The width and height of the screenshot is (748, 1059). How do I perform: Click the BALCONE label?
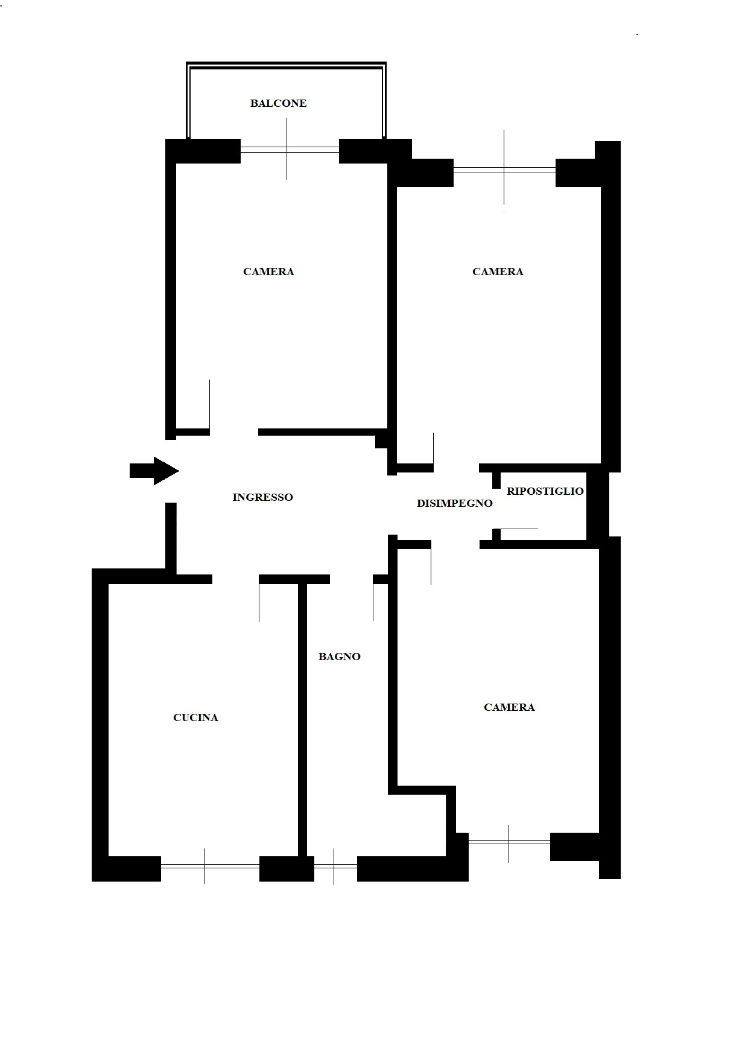point(279,103)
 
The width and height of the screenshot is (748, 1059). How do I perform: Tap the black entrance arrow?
point(154,471)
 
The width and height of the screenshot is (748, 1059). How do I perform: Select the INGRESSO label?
point(262,497)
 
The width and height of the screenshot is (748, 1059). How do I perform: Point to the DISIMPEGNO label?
point(455,503)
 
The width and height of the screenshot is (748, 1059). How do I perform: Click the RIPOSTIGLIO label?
point(545,491)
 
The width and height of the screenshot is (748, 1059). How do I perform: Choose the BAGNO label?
point(340,657)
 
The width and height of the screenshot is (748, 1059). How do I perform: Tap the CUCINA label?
point(195,717)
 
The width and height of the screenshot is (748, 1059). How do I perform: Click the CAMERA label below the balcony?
point(268,272)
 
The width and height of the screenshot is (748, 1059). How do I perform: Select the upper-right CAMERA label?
point(498,272)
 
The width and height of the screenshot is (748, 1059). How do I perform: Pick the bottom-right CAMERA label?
point(509,707)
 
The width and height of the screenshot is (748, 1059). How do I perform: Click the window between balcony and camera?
point(290,150)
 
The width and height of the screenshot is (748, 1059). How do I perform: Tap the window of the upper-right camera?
point(504,170)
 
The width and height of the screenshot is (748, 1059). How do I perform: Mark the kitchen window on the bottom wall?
point(210,866)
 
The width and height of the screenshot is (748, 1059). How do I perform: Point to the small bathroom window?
point(335,866)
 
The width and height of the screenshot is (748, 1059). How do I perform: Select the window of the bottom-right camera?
point(509,842)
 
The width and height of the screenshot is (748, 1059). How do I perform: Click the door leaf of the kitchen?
point(259,603)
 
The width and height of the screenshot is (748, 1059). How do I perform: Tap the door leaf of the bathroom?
point(373,602)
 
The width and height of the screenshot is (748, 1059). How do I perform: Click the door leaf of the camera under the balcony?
point(209,404)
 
